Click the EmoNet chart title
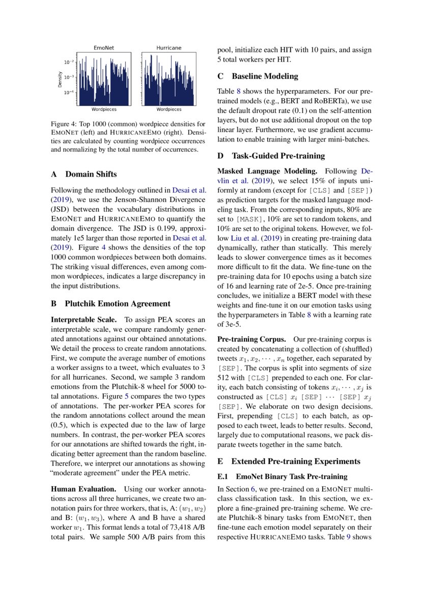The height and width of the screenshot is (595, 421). (x=103, y=48)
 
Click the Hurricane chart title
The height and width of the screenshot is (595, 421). (x=169, y=48)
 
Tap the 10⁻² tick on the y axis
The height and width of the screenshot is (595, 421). (x=69, y=62)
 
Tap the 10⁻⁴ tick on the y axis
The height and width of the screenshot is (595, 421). (x=69, y=93)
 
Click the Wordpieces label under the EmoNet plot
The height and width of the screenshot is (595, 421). (x=104, y=109)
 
